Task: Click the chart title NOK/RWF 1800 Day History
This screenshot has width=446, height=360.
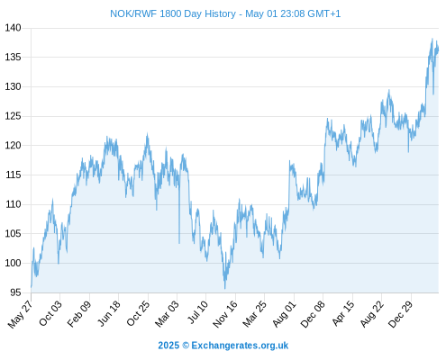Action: click(x=173, y=13)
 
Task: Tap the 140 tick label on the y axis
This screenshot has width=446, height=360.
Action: click(x=13, y=28)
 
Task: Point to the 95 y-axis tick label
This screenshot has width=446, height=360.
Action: click(x=15, y=292)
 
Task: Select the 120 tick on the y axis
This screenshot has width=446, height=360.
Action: click(x=13, y=146)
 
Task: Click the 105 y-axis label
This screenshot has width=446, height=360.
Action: click(x=13, y=234)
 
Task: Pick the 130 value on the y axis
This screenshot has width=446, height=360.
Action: click(x=13, y=86)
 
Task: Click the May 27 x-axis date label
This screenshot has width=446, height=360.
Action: click(x=20, y=314)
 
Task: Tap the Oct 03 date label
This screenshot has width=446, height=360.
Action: click(x=50, y=313)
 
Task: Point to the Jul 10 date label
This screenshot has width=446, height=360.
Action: click(x=198, y=312)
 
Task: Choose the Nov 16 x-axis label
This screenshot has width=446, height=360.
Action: click(x=225, y=314)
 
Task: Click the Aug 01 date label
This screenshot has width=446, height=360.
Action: click(x=285, y=314)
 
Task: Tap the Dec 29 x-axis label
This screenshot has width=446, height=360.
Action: click(x=401, y=314)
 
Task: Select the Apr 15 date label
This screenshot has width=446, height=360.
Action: click(x=343, y=313)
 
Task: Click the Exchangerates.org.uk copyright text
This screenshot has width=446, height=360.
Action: click(x=240, y=346)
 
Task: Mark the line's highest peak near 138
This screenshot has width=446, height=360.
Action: click(x=432, y=39)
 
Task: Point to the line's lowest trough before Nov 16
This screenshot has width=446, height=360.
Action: click(x=225, y=288)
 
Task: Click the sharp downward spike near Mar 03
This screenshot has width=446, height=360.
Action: click(x=179, y=243)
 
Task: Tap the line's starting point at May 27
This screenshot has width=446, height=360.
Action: click(x=32, y=287)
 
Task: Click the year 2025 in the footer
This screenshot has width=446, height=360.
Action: click(x=168, y=346)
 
